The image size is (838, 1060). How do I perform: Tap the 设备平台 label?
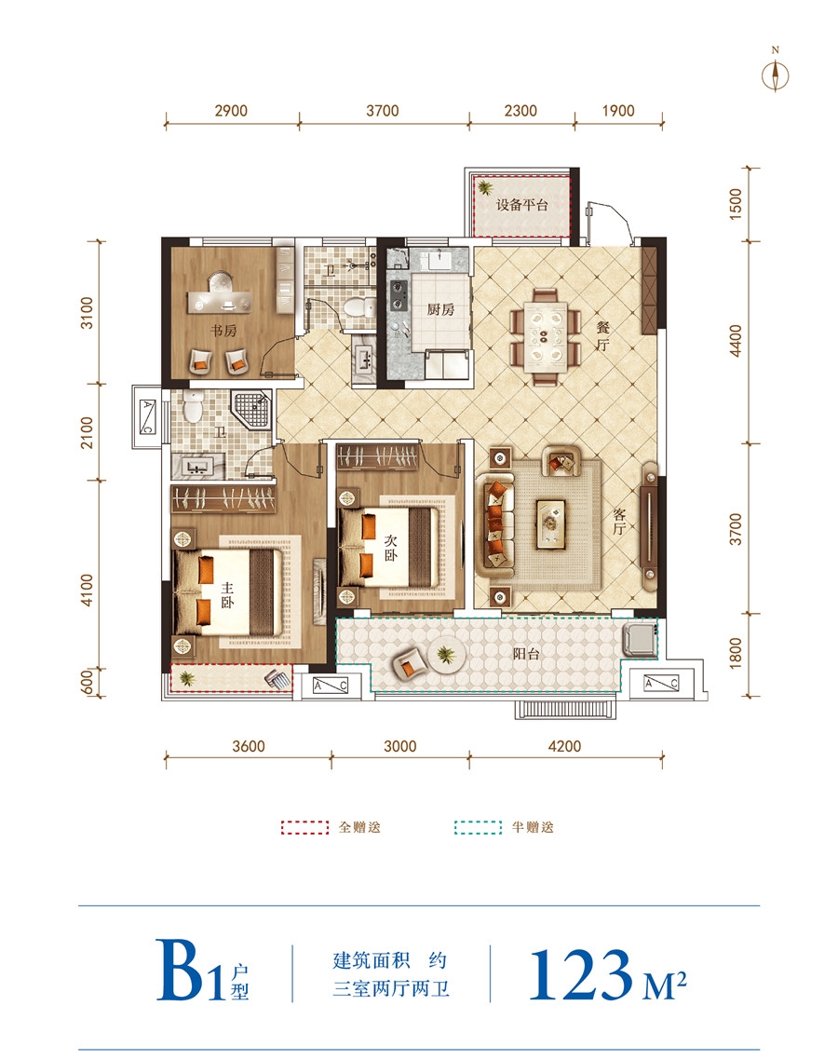(521, 205)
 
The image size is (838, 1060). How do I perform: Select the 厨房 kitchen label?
(440, 309)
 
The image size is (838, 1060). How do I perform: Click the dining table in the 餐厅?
(546, 336)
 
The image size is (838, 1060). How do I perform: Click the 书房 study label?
(223, 331)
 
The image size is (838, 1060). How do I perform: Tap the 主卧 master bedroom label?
(227, 595)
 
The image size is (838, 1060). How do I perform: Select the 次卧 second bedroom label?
(391, 549)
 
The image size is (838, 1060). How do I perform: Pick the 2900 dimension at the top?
(231, 111)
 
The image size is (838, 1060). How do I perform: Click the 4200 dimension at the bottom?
(564, 746)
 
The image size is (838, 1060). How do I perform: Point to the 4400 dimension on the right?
(736, 342)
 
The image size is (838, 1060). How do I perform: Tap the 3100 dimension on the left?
(88, 313)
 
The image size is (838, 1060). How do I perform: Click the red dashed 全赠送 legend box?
(304, 827)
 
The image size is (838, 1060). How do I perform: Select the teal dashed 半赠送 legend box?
(478, 827)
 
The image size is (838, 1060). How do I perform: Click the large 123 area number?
(580, 974)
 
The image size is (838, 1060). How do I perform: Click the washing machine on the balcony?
(639, 640)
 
